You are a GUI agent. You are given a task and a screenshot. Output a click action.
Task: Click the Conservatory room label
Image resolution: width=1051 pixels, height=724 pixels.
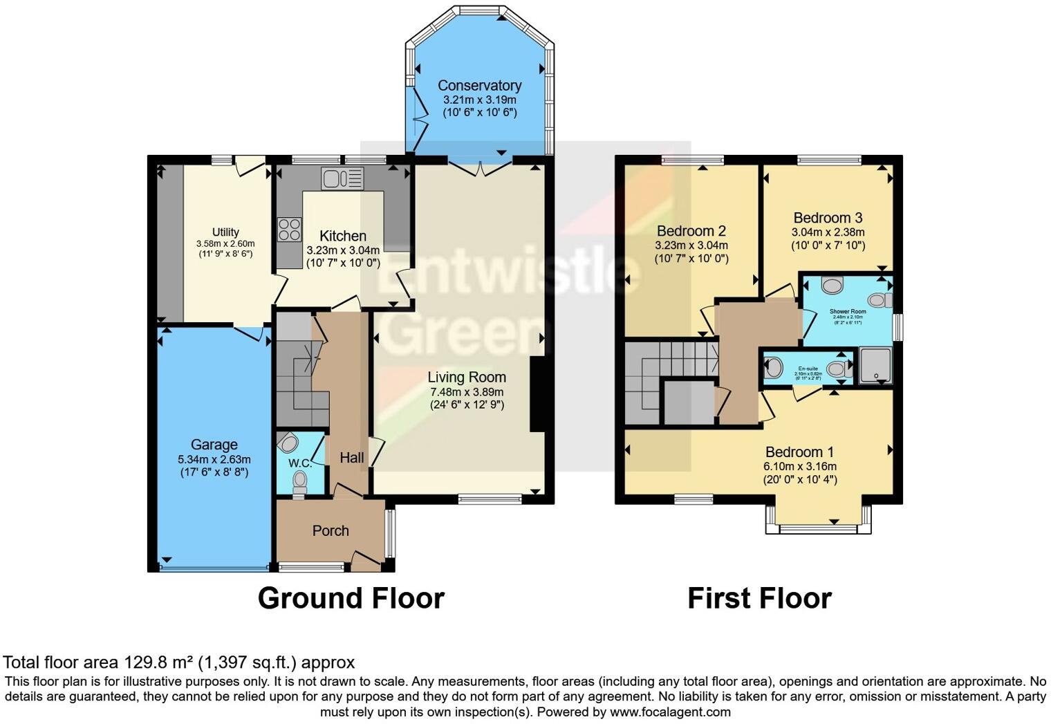479,86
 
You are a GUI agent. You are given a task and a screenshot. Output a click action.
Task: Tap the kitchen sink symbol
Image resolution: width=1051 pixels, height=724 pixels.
342,178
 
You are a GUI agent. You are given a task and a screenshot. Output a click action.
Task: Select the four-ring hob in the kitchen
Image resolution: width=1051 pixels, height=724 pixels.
289,230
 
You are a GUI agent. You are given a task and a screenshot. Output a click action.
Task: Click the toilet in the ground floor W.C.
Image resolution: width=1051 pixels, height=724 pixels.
300,479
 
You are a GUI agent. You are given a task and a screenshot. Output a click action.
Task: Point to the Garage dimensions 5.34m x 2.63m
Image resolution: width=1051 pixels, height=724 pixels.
214,459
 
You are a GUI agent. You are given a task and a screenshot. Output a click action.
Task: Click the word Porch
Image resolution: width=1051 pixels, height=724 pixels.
331,530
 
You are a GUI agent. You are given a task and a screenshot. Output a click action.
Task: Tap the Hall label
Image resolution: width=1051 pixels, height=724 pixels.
352,457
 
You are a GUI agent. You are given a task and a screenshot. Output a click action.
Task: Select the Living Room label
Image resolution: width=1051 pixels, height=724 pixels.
467,378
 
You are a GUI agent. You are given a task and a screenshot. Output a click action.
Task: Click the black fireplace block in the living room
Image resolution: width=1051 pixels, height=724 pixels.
537,394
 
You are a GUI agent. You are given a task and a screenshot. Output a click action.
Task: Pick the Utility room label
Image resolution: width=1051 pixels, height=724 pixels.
225,232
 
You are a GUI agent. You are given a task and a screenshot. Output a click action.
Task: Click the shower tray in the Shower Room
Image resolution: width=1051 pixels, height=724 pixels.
875,366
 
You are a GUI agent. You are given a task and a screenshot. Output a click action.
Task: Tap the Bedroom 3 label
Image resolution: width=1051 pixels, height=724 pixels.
828,218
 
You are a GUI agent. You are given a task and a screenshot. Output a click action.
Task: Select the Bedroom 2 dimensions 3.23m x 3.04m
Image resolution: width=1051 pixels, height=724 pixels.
691,245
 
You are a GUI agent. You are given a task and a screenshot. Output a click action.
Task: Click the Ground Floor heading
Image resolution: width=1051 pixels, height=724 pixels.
351,598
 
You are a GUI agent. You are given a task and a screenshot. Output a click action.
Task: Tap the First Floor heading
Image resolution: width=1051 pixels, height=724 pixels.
759,598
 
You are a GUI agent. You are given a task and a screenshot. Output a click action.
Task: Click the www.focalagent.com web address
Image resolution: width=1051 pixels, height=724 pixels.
670,712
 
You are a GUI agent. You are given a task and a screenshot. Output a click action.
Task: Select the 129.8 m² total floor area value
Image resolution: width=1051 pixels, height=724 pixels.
160,662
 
